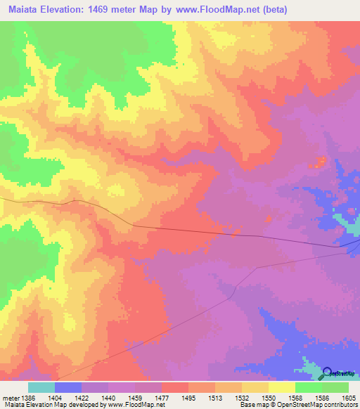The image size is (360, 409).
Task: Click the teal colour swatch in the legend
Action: (41, 387)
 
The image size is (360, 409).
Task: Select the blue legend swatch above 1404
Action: (67, 387)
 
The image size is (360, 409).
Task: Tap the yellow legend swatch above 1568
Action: (282, 387)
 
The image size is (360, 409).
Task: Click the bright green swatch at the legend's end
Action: (335, 387)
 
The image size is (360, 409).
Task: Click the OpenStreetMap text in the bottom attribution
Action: (294, 405)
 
